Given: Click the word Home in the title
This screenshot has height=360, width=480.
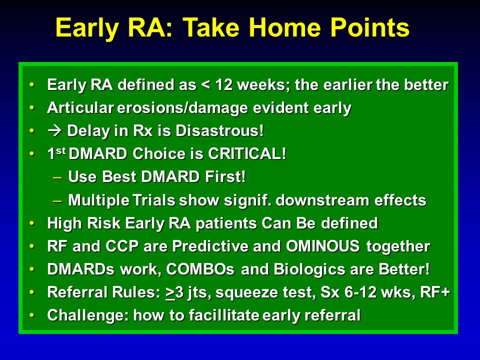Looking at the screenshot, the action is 284,27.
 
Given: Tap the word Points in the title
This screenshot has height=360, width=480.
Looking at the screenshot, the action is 370,27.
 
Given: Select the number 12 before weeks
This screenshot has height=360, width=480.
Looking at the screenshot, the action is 224,85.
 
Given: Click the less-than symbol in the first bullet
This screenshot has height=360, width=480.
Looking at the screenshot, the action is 205,85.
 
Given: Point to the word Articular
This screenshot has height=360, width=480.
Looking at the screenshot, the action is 80,108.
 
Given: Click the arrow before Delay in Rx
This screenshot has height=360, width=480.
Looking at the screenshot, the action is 55,130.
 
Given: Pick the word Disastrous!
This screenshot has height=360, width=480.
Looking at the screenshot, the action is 219,130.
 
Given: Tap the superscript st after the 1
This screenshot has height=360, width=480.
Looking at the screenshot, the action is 61,150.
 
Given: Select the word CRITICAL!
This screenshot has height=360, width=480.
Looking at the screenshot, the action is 247,153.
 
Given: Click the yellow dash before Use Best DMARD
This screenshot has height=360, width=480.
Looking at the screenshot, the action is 57,177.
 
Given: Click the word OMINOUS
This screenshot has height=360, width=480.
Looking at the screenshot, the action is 322,246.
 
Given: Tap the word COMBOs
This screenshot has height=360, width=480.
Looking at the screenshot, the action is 200,269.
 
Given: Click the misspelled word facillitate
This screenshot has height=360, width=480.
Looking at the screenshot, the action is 224,315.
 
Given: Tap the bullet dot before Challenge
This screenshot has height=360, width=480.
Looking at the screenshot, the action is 32,315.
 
